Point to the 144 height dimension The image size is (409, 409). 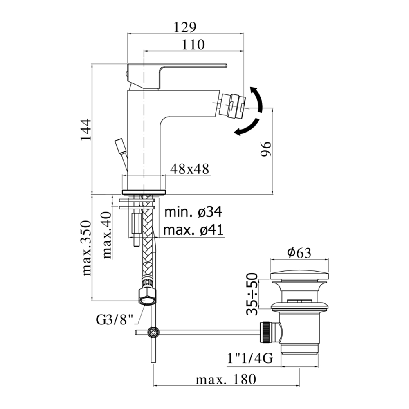85,130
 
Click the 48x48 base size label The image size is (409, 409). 189,169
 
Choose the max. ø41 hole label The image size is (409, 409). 193,230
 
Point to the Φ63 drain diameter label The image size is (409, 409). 299,253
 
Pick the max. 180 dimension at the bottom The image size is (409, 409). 226,380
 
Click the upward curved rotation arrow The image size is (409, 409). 257,99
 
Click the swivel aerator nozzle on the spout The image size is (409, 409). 231,105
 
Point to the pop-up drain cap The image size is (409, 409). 300,275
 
